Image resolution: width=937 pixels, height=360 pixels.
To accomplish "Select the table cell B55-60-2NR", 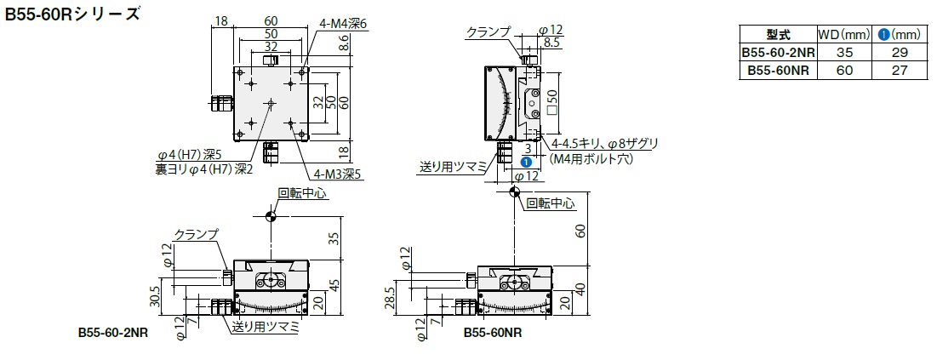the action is pos(778,53).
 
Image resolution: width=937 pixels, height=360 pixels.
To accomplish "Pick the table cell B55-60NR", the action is pos(778,71).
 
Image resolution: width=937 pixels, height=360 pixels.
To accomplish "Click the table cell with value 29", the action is pos(900,53).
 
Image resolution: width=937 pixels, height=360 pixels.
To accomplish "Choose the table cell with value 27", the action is pos(900,71).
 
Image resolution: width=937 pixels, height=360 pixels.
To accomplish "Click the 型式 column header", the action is pos(778,35).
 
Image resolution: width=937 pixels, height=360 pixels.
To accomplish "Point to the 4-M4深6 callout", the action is pos(343,23).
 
